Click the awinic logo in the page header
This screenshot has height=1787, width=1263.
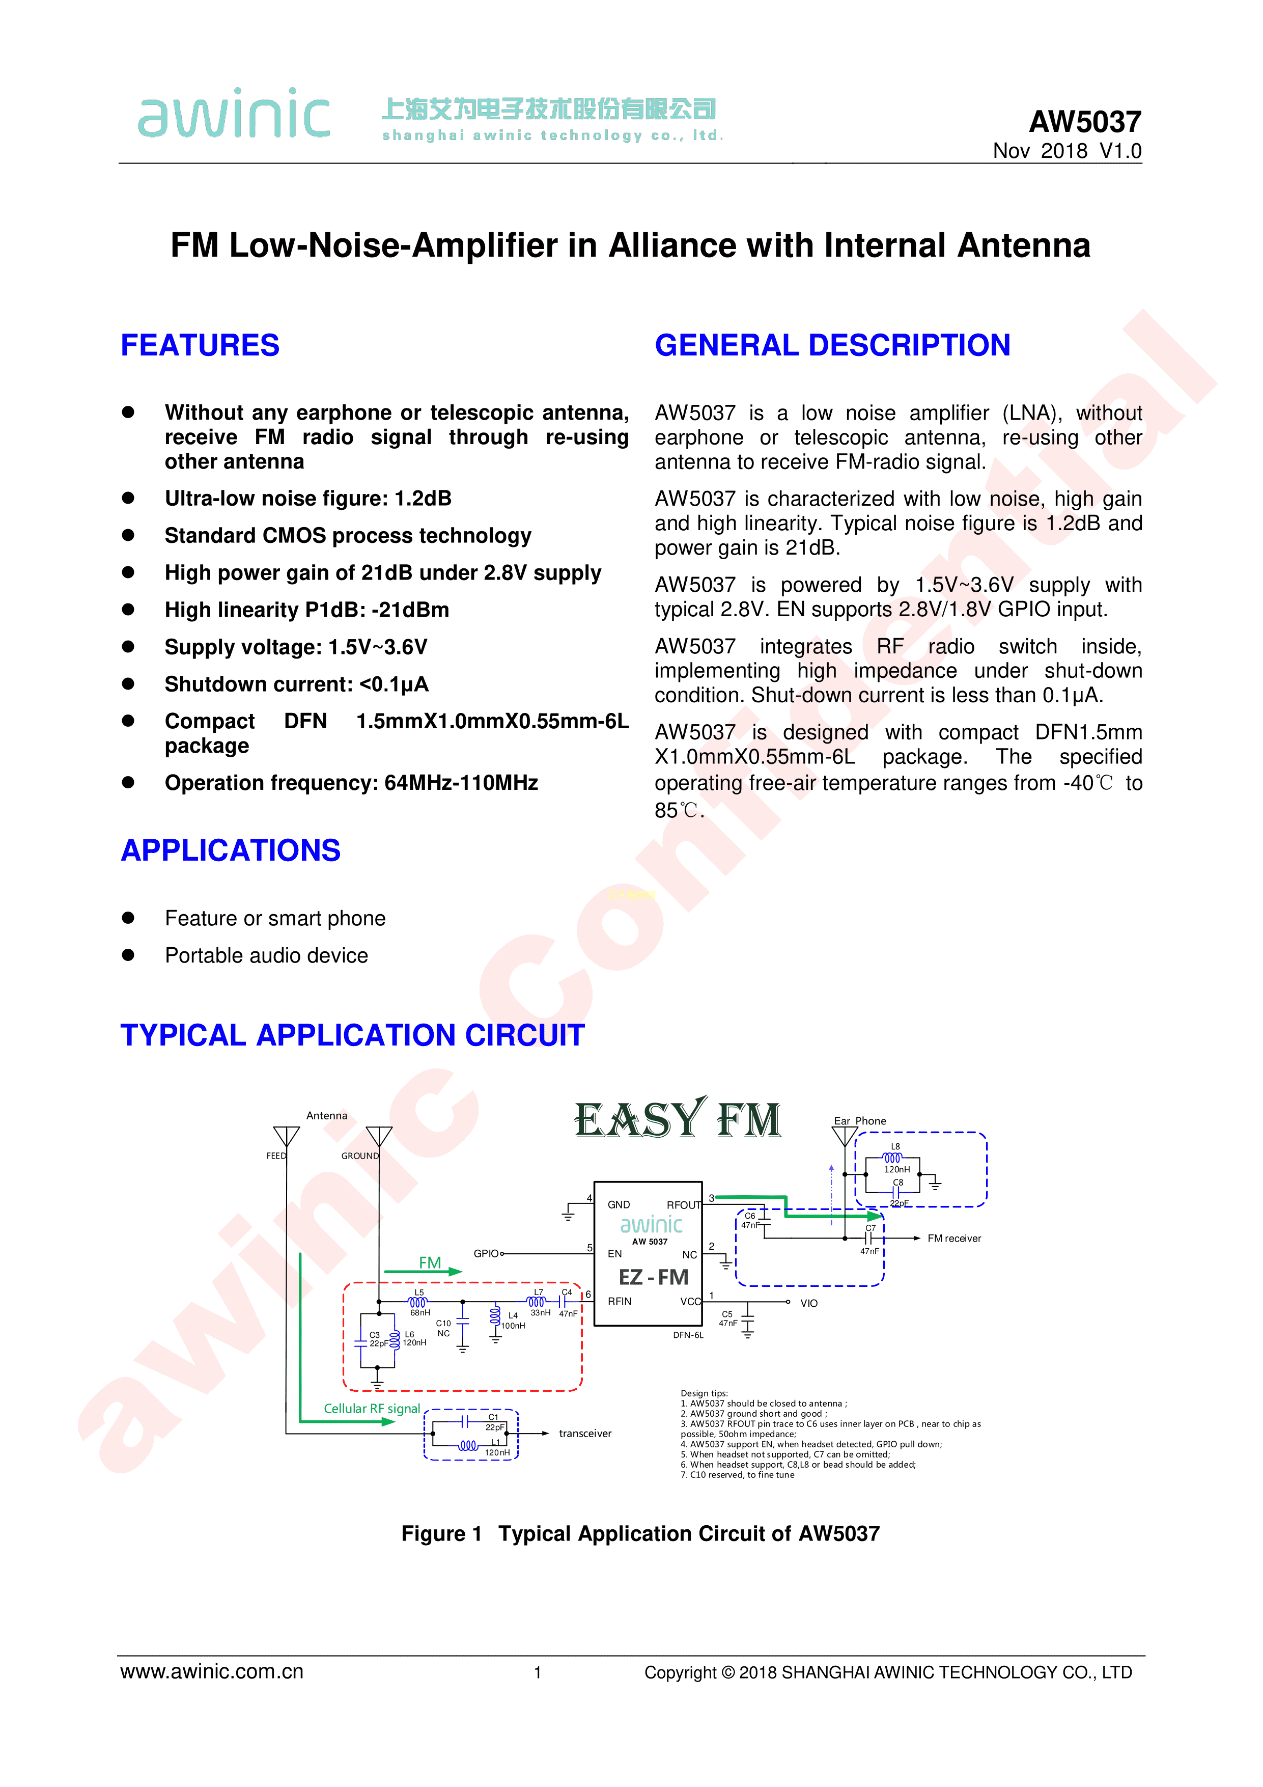(234, 113)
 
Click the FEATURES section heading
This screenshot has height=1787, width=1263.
(200, 345)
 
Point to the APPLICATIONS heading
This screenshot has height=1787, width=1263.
(230, 850)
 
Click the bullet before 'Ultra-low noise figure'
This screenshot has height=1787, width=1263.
(128, 498)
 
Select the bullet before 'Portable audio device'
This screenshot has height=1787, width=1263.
(128, 955)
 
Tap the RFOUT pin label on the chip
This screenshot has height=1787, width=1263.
(684, 1205)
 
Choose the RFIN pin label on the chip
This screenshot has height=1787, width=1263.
(620, 1301)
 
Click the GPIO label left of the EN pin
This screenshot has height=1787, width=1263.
(486, 1254)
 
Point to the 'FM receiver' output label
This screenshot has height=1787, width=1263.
(954, 1239)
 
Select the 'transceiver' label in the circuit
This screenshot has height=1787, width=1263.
(585, 1434)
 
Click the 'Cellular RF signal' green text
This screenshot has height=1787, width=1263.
(372, 1409)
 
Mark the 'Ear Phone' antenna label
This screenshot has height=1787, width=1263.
(860, 1121)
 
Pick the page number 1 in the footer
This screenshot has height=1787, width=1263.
(538, 1672)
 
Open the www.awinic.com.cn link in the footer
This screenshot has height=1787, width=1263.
(212, 1672)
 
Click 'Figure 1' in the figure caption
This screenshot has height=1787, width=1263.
(441, 1533)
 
